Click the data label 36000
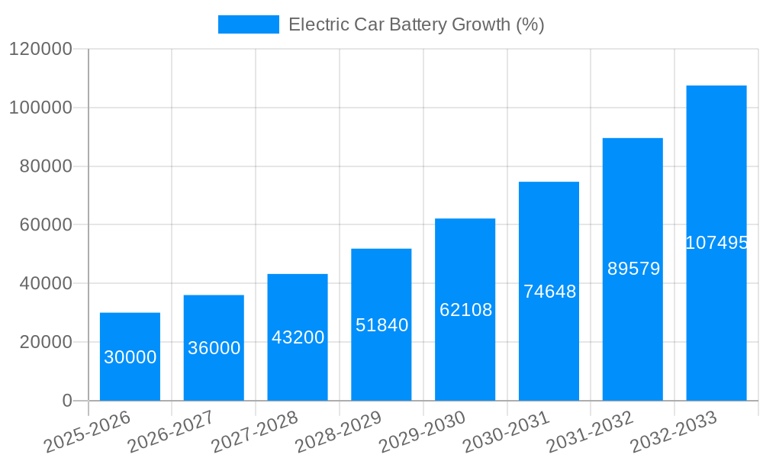click(214, 348)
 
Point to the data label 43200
click(298, 337)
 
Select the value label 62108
click(465, 310)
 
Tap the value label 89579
click(633, 269)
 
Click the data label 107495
click(716, 243)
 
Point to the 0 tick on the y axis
click(67, 401)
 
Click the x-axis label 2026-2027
click(170, 431)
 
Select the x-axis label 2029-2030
click(422, 431)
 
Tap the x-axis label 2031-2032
click(590, 431)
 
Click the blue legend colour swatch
click(248, 24)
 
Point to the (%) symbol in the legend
click(530, 24)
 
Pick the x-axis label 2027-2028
click(254, 431)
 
